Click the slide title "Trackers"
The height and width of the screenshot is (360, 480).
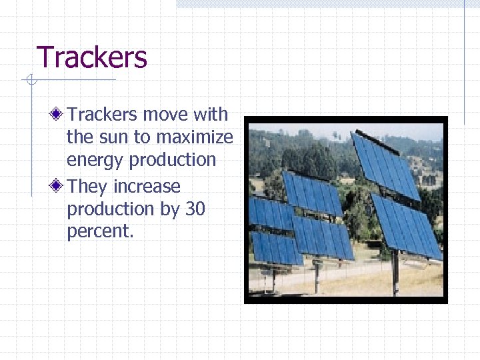click(x=92, y=58)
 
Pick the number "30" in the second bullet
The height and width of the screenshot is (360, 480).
click(x=195, y=209)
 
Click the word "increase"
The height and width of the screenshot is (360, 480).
click(x=147, y=186)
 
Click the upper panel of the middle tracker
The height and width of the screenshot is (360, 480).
click(x=311, y=193)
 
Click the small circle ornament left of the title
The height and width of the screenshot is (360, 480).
click(x=29, y=81)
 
